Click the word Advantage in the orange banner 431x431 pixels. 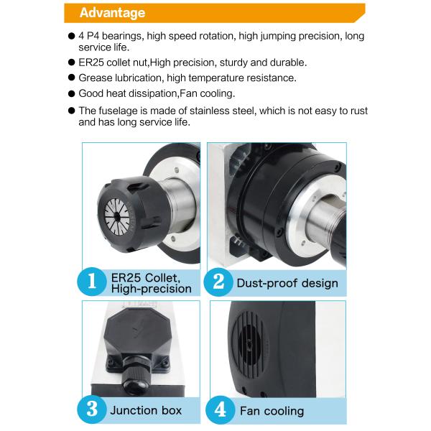[x=112, y=13]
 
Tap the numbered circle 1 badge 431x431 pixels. [x=91, y=282]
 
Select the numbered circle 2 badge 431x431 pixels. [x=218, y=282]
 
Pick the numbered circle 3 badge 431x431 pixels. [x=91, y=409]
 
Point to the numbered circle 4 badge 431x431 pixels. [x=220, y=410]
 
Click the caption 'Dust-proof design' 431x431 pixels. [x=287, y=283]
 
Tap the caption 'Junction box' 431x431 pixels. [x=146, y=410]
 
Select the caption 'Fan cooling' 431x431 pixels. [x=272, y=411]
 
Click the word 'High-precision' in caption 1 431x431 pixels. [x=151, y=289]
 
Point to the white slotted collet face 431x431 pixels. [x=117, y=217]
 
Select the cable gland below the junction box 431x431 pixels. [x=136, y=376]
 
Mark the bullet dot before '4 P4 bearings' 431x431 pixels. [x=71, y=36]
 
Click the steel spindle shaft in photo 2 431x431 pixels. [x=325, y=218]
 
